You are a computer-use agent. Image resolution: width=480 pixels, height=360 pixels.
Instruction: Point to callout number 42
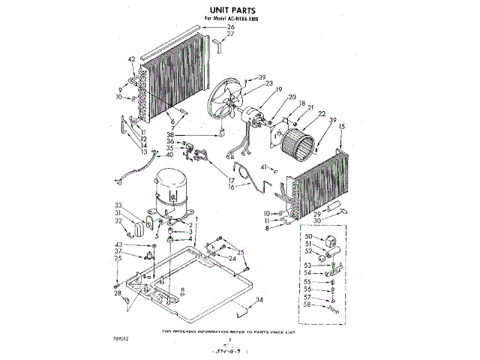click(132, 59)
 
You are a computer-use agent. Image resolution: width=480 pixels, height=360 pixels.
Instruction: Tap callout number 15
click(341, 127)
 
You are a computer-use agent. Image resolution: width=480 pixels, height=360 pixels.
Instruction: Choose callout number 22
click(322, 114)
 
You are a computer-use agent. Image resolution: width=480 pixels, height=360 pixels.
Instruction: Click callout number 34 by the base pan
click(259, 300)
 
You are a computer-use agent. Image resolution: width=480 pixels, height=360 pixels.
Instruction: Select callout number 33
click(118, 205)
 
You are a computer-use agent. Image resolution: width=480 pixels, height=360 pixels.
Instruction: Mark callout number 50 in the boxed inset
click(307, 237)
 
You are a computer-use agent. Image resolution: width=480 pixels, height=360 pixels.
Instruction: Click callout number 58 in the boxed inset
click(307, 306)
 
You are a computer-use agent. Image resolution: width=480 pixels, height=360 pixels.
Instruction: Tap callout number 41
click(263, 166)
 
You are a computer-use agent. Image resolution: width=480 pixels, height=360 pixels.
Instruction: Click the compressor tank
click(173, 192)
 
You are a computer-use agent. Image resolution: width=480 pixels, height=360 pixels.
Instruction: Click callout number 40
click(170, 154)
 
